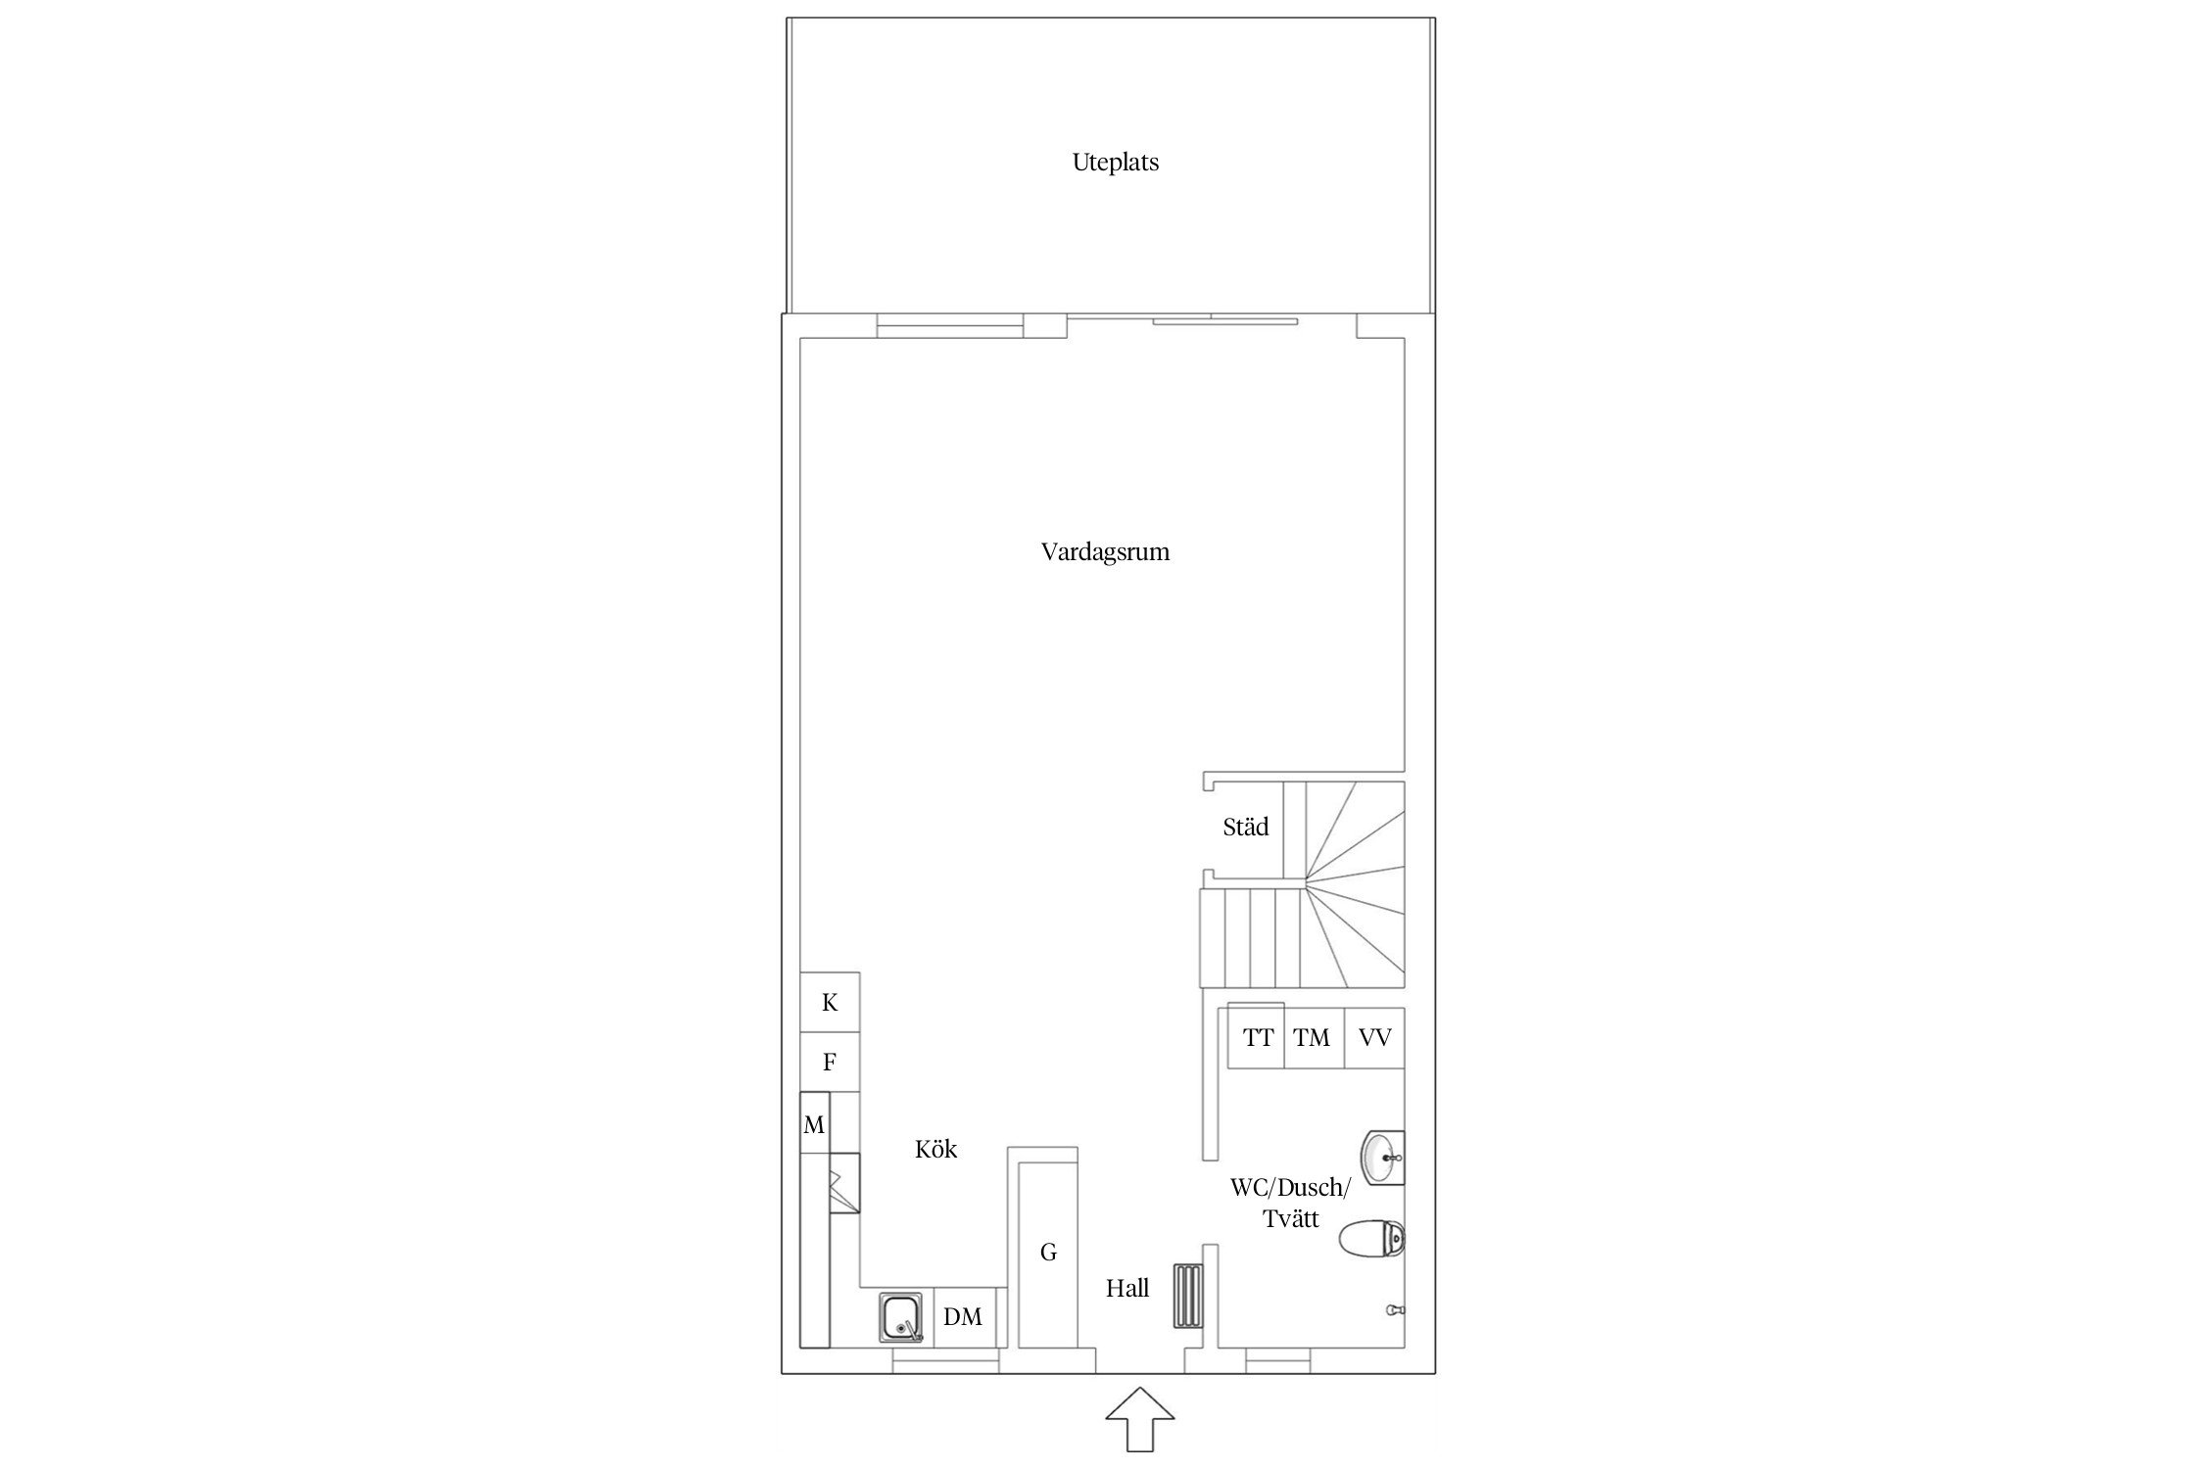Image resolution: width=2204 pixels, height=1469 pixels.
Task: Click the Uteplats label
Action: (x=1115, y=163)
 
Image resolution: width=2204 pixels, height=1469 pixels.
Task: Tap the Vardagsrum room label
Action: (x=1105, y=552)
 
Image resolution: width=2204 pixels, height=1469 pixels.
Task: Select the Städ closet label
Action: (x=1245, y=827)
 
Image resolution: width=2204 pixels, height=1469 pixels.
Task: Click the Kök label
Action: (x=935, y=1149)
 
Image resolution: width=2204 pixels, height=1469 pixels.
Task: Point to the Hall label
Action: (x=1127, y=1289)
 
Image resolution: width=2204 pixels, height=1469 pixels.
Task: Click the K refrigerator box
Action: (x=830, y=1002)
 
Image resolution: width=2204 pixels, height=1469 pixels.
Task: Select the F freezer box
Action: (x=830, y=1062)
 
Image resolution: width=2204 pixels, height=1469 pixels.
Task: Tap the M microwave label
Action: (x=814, y=1125)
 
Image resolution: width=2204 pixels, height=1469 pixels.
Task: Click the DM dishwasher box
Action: (x=963, y=1317)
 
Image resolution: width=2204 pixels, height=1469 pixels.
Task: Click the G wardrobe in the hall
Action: (x=1048, y=1255)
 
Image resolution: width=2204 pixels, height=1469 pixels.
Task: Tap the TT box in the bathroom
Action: (x=1257, y=1036)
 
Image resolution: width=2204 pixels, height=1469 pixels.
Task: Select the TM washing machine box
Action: (x=1313, y=1037)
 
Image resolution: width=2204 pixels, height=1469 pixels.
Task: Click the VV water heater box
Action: (x=1374, y=1037)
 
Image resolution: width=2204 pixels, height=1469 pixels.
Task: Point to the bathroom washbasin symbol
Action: (x=1383, y=1158)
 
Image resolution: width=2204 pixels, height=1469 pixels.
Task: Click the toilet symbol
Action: (x=1371, y=1239)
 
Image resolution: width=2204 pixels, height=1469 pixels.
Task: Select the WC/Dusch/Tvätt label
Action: (x=1290, y=1204)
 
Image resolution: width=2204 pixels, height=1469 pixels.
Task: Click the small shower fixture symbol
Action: (x=1396, y=1309)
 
